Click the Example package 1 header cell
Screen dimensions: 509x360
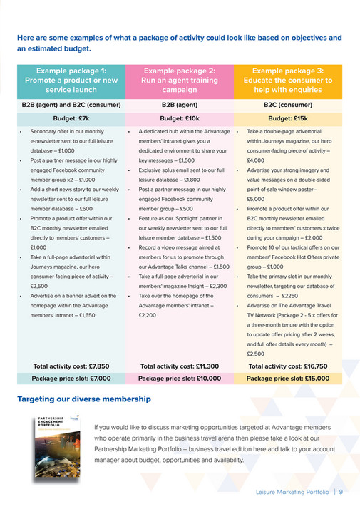pyautogui.click(x=71, y=81)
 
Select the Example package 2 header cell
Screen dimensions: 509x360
pyautogui.click(x=180, y=81)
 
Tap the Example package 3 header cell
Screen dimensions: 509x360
pyautogui.click(x=288, y=81)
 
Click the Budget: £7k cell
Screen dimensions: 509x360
pyautogui.click(x=71, y=119)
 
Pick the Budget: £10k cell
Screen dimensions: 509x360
pyautogui.click(x=180, y=119)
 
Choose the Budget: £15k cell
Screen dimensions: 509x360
pyautogui.click(x=288, y=119)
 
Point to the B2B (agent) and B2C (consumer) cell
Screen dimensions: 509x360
pyautogui.click(x=71, y=106)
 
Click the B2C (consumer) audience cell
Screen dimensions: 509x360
pyautogui.click(x=288, y=106)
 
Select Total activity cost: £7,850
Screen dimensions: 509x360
pyautogui.click(x=71, y=366)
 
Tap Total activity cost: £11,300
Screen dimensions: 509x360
pyautogui.click(x=180, y=366)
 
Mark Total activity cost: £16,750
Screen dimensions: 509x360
pyautogui.click(x=288, y=366)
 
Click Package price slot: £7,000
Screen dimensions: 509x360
pyautogui.click(x=71, y=379)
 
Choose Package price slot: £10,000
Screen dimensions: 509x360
pyautogui.click(x=180, y=379)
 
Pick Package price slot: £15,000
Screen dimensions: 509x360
pyautogui.click(x=288, y=379)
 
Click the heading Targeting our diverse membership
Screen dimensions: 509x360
pyautogui.click(x=84, y=399)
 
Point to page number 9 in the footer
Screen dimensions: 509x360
pyautogui.click(x=341, y=491)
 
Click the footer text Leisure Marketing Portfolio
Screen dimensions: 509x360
pyautogui.click(x=293, y=491)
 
